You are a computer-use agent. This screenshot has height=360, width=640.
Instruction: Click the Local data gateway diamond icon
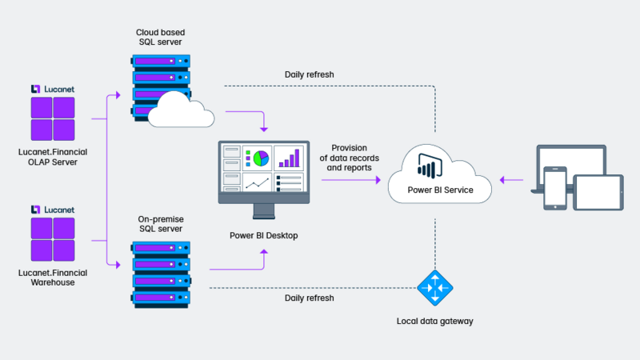pos(435,288)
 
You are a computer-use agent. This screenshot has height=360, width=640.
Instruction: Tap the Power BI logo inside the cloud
pos(430,166)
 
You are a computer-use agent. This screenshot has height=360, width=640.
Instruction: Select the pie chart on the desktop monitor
pos(261,158)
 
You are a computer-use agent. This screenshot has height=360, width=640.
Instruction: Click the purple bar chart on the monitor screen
pos(289,158)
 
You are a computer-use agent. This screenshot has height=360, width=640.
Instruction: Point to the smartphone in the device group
pos(555,188)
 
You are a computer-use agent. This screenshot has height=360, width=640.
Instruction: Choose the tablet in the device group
pos(598,193)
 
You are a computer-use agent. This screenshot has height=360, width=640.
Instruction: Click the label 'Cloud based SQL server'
pos(161,37)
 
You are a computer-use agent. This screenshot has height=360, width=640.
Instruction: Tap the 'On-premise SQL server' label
pos(161,224)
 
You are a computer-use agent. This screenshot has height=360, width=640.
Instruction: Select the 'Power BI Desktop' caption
pos(264,235)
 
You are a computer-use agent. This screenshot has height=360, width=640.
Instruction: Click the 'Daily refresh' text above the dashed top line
pos(309,74)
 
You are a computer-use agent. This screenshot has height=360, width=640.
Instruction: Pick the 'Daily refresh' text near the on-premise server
pos(309,298)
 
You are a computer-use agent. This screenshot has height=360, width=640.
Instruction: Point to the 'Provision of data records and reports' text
pos(350,158)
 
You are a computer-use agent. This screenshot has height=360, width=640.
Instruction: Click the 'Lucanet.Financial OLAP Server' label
pos(53,157)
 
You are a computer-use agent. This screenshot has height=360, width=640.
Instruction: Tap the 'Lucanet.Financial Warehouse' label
pos(53,278)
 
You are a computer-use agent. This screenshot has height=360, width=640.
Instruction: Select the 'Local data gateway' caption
pos(434,322)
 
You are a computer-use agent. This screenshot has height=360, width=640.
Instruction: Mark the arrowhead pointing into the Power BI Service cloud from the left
pos(378,180)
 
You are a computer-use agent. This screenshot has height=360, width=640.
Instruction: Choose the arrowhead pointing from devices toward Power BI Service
pos(502,180)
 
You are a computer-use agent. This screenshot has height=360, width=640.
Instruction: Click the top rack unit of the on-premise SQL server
pos(162,248)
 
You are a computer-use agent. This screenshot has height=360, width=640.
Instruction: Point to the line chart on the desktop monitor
pos(258,183)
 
